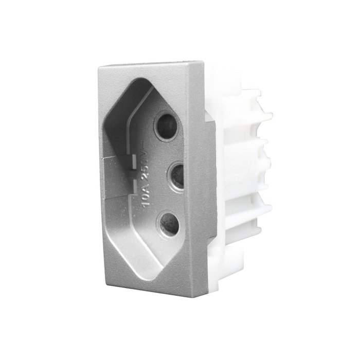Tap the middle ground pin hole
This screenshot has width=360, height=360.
(176, 176)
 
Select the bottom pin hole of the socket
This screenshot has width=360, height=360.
(169, 224)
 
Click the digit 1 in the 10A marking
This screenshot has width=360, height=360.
(147, 205)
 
